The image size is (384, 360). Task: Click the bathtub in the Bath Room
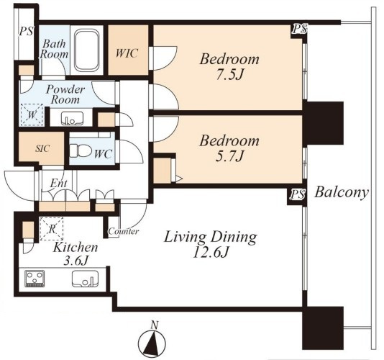click(87, 50)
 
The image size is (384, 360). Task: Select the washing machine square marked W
click(32, 115)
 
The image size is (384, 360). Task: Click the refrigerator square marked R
click(52, 229)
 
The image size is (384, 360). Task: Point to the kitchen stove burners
click(35, 279)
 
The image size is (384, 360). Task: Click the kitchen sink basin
click(85, 279)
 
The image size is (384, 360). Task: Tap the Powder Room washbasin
click(72, 119)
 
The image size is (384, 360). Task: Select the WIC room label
click(127, 53)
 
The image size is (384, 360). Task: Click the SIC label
click(42, 148)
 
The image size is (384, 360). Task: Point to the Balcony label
click(342, 192)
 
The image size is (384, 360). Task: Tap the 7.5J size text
click(229, 75)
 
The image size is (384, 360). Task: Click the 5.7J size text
click(229, 156)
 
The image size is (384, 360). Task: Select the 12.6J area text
click(211, 252)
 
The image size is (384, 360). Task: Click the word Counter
click(124, 231)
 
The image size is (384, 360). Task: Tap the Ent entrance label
click(58, 183)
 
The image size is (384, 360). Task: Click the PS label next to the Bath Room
click(26, 32)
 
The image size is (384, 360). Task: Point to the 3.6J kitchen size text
click(76, 261)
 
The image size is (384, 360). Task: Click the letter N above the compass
click(154, 325)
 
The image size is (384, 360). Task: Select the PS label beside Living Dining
click(298, 194)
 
